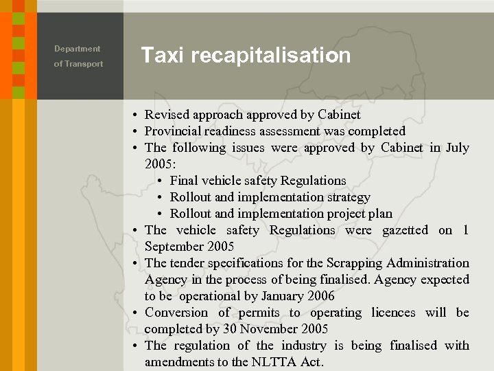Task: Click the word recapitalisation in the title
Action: [271, 56]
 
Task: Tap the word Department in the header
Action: [77, 49]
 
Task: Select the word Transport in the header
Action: [84, 64]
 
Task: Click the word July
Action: [457, 148]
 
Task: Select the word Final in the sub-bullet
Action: [184, 181]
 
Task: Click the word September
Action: [174, 247]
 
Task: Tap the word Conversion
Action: [176, 313]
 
